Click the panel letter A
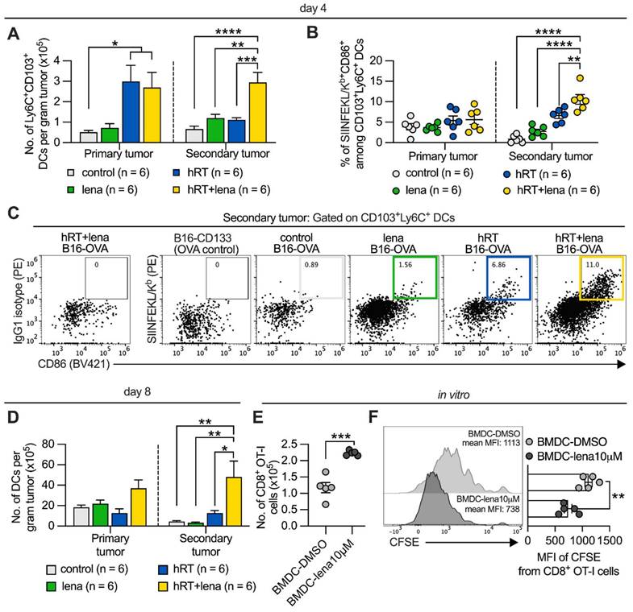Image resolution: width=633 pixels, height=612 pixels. point(12,34)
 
